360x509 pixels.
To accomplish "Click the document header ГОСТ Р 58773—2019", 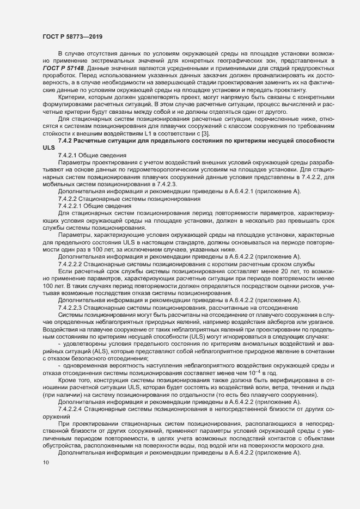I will pos(70,36).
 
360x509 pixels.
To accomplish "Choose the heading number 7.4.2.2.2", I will pos(74,263).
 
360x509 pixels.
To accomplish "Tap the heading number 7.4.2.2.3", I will pos(74,307).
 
